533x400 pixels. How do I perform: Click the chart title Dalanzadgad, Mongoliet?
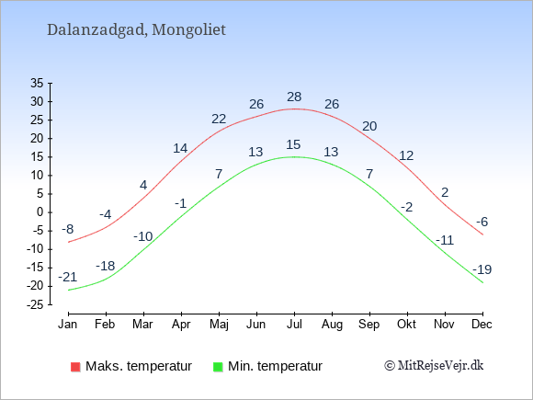(x=136, y=30)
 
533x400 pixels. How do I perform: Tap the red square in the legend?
(x=75, y=367)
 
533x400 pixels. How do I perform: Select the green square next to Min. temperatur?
(x=218, y=367)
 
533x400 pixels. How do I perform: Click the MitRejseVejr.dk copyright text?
(x=434, y=366)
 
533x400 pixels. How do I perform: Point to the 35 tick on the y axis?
(x=37, y=83)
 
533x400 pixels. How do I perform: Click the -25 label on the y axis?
(x=35, y=304)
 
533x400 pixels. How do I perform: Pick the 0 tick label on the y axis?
(x=40, y=212)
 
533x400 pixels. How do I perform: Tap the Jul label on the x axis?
(x=294, y=325)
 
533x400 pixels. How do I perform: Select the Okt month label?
(x=406, y=325)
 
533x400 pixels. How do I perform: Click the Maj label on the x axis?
(x=219, y=325)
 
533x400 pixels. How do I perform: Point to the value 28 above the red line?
(x=294, y=97)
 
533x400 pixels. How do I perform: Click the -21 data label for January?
(x=68, y=277)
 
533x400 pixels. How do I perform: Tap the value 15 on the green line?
(x=293, y=144)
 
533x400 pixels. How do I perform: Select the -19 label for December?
(x=482, y=269)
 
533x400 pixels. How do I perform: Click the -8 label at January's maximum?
(x=68, y=229)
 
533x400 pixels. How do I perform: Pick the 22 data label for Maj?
(x=219, y=119)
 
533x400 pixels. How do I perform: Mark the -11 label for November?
(x=445, y=241)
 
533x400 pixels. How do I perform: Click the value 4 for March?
(x=143, y=185)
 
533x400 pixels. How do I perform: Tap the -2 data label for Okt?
(x=407, y=207)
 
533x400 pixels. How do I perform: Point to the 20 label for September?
(x=369, y=126)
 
